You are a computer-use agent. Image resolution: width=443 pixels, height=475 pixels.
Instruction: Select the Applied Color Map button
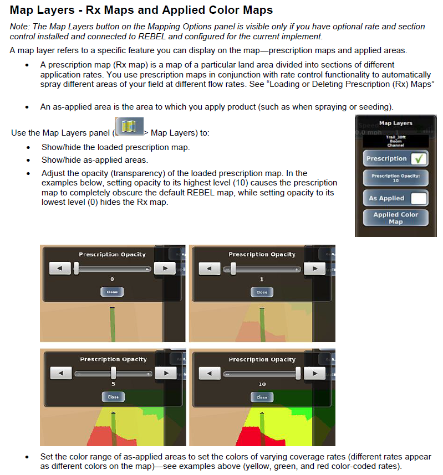point(395,218)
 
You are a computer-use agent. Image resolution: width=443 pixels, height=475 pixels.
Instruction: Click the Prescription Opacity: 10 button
point(395,178)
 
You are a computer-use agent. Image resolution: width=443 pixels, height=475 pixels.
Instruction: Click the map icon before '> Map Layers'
point(129,126)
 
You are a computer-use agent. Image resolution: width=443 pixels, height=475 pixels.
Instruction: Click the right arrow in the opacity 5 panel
point(165,374)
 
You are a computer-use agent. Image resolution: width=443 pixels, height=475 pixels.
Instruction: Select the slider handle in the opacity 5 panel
point(113,373)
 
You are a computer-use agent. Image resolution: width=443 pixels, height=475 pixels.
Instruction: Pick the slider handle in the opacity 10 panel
point(298,373)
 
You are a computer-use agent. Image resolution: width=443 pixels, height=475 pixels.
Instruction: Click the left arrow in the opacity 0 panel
point(60,269)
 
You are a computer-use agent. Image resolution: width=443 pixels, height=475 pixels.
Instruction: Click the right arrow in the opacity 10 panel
point(315,374)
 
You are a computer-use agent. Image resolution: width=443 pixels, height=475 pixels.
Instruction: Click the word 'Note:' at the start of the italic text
point(20,27)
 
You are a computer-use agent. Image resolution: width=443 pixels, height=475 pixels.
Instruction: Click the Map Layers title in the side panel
point(395,123)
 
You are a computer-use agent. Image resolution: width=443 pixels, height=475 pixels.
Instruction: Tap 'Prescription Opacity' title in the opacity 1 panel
point(262,255)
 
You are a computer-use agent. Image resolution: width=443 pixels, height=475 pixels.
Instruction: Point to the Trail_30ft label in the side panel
point(395,137)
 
